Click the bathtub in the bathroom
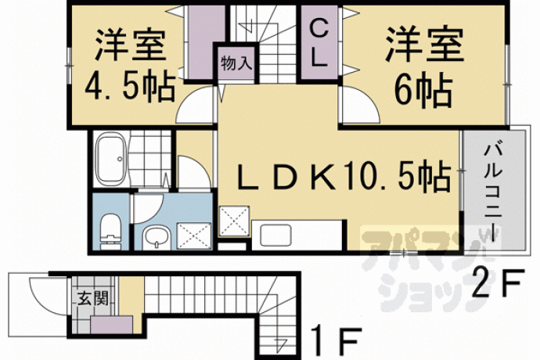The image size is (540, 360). (110, 159)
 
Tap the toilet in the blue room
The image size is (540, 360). (111, 231)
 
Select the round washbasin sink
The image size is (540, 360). (157, 237)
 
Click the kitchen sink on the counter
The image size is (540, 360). (275, 235)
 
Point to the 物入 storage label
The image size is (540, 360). (236, 63)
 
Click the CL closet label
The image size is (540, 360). (319, 43)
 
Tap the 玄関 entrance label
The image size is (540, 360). (93, 298)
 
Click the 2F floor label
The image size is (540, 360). (498, 283)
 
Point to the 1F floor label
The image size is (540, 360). (336, 341)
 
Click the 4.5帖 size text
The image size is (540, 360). (130, 86)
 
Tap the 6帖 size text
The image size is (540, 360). (423, 91)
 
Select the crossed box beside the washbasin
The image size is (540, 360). (194, 236)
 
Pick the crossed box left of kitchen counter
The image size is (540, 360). (234, 221)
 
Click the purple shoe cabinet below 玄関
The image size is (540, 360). (112, 325)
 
